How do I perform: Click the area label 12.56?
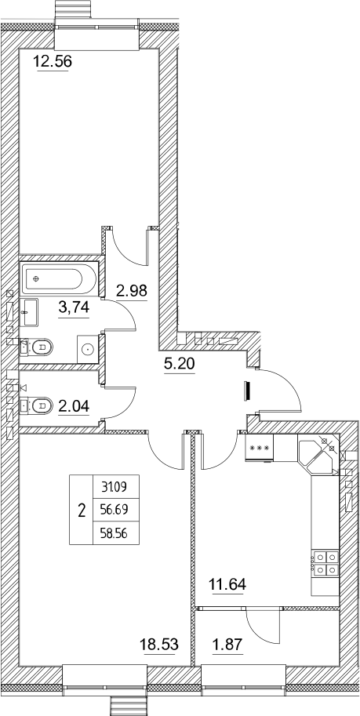pos(54,61)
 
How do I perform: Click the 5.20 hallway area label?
pos(178,364)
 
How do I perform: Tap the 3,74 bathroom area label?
pos(74,307)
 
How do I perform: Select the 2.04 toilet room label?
pos(74,405)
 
